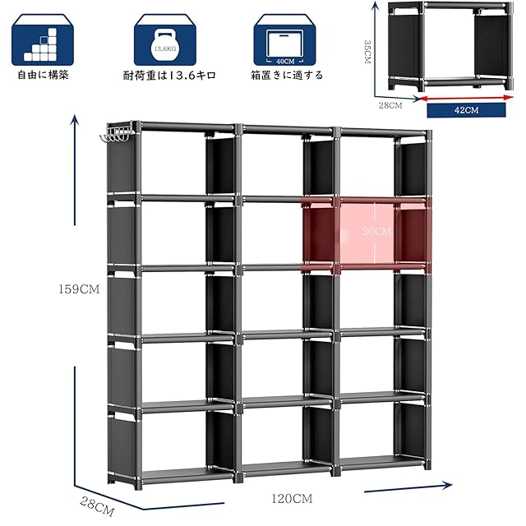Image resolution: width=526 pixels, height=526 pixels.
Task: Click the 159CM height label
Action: [x=79, y=289]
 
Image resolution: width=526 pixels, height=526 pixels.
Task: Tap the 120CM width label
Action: [x=292, y=499]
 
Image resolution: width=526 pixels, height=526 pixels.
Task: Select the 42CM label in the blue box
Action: [x=466, y=110]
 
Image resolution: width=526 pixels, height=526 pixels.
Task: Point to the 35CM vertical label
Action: [x=367, y=52]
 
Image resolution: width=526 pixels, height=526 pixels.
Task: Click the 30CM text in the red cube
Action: [x=376, y=231]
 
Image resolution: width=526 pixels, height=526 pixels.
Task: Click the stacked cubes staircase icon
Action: [x=40, y=44]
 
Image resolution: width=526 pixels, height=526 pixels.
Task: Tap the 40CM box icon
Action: [x=285, y=46]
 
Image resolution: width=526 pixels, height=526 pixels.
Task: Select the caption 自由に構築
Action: [x=43, y=75]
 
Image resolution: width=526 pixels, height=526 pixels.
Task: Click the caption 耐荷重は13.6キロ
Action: [x=169, y=75]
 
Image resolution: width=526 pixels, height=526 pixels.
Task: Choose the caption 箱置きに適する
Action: [x=287, y=75]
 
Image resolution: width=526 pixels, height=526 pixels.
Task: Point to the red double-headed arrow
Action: [x=466, y=98]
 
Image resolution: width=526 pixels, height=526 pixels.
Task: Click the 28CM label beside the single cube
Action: [x=390, y=105]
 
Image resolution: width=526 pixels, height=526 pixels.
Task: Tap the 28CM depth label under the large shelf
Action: [x=97, y=506]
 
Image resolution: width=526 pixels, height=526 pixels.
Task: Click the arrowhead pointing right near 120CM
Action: [x=447, y=485]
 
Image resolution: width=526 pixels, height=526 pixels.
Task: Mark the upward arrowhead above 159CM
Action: [x=75, y=120]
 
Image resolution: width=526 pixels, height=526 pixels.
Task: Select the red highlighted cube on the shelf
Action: [x=367, y=233]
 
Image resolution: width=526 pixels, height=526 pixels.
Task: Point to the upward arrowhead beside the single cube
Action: [x=376, y=6]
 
